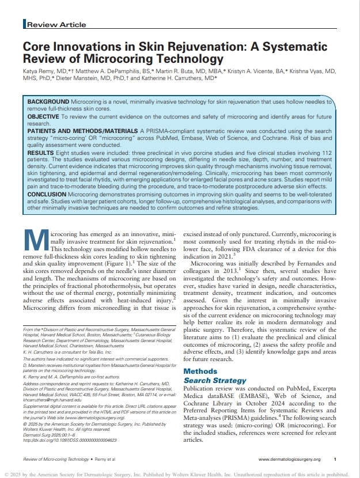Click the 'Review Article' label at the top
pyautogui.click(x=56, y=25)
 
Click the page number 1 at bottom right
pyautogui.click(x=335, y=459)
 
